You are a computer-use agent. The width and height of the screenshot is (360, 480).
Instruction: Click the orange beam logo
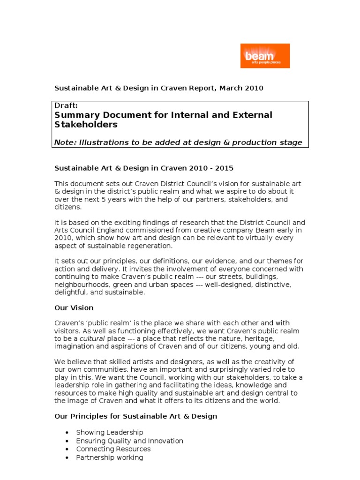[x=265, y=56]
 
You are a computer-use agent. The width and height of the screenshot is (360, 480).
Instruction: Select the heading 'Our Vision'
[x=74, y=308]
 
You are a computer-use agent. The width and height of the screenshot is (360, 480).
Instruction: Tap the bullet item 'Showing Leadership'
[x=110, y=432]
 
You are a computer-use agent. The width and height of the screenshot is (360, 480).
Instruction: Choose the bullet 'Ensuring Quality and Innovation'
[x=129, y=441]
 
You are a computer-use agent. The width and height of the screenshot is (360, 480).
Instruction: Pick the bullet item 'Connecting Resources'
[x=113, y=449]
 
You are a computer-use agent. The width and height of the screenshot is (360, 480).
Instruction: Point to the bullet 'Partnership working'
[x=110, y=457]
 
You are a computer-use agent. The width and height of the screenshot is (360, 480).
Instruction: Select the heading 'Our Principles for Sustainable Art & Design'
[x=136, y=416]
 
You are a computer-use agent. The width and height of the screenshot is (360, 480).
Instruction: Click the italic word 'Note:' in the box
[x=65, y=142]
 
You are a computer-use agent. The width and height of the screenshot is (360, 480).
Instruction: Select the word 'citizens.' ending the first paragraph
[x=68, y=207]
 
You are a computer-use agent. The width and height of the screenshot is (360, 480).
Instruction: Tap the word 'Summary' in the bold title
[x=76, y=115]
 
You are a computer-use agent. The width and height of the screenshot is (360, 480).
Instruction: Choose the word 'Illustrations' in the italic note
[x=102, y=142]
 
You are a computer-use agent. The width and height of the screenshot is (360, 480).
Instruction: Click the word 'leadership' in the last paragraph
[x=73, y=385]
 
